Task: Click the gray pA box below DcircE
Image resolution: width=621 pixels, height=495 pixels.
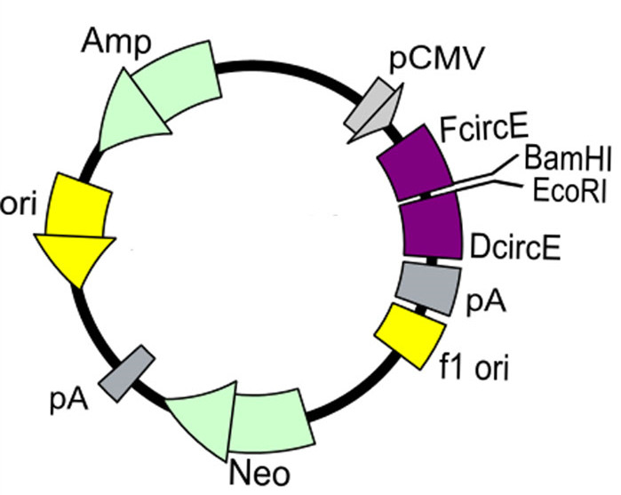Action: pyautogui.click(x=431, y=285)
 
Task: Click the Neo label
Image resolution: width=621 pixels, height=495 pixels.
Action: pyautogui.click(x=265, y=469)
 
